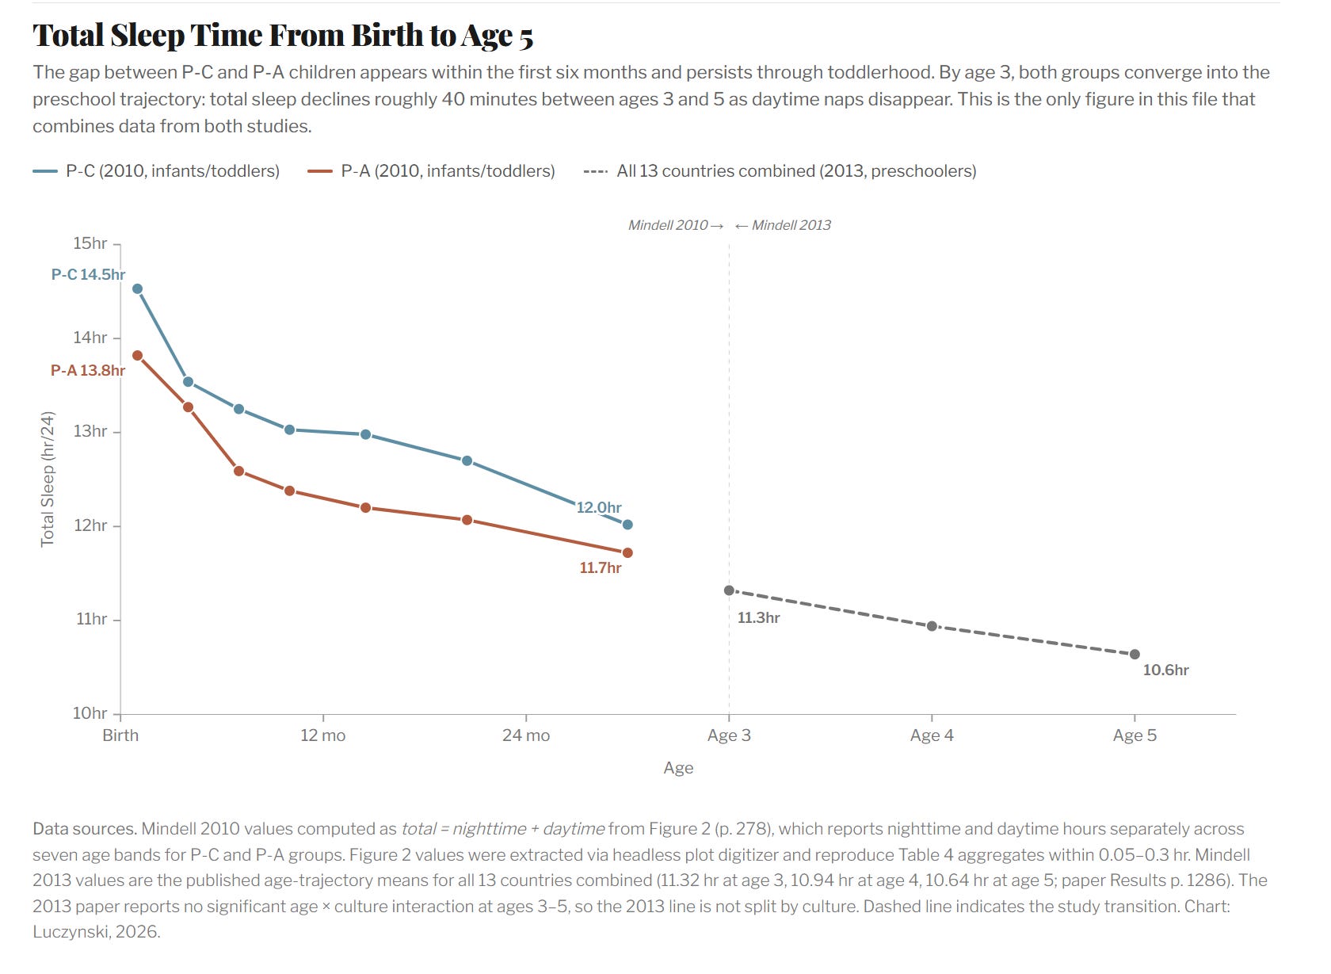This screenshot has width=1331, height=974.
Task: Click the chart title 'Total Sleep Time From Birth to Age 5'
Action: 283,36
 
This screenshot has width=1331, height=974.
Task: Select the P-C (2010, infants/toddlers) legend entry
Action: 156,171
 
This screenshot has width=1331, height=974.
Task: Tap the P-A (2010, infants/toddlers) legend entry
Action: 431,171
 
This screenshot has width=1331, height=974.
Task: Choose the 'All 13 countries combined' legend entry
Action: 780,171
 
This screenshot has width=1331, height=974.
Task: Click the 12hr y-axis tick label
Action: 90,525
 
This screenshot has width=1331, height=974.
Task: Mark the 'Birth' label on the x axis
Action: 120,735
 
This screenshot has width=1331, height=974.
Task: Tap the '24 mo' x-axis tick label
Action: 526,735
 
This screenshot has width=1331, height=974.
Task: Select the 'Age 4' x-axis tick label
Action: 932,735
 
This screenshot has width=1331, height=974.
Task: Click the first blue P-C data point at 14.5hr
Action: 137,288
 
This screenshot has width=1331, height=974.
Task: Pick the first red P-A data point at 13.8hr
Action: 137,355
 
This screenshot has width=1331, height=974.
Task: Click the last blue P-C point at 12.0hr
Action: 627,525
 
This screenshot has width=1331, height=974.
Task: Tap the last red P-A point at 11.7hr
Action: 627,552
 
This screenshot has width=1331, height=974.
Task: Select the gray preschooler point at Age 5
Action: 1135,655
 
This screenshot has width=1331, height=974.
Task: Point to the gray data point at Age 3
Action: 729,590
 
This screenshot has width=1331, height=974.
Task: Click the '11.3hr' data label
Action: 759,618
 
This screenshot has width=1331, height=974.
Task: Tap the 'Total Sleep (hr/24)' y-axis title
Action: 48,479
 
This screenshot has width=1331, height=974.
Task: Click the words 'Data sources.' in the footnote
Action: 85,829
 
